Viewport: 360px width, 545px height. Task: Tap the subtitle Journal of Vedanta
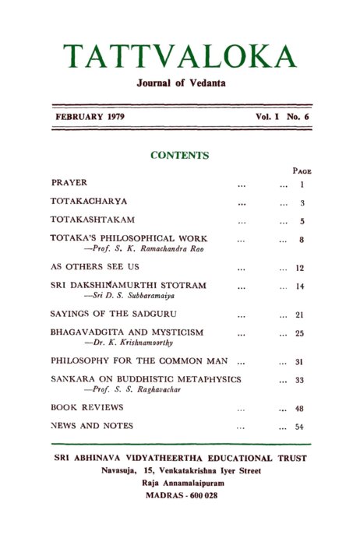(x=180, y=83)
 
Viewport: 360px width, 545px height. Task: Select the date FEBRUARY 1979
(x=90, y=116)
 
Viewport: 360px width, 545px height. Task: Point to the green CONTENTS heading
(x=179, y=155)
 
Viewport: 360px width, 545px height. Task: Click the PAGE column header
(x=302, y=171)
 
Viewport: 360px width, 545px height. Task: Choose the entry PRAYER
(x=69, y=183)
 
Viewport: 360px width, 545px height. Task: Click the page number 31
(x=300, y=362)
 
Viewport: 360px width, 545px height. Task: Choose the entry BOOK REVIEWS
(x=80, y=407)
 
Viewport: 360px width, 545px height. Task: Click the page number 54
(x=300, y=427)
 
